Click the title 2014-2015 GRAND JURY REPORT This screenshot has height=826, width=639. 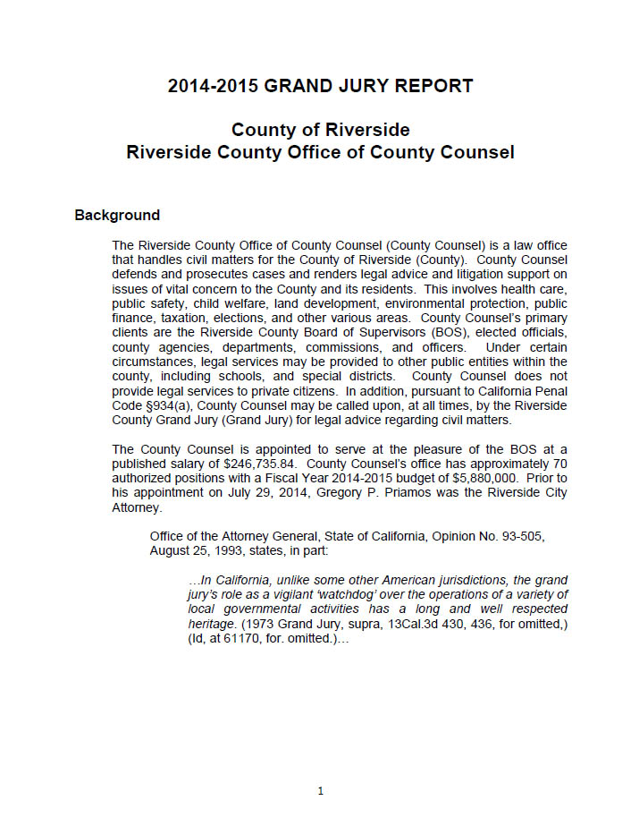[x=320, y=86]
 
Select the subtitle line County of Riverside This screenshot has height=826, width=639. [x=320, y=131]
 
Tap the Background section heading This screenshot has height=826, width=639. [x=117, y=216]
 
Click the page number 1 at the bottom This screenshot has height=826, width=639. [x=320, y=791]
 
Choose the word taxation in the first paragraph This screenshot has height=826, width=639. [x=194, y=319]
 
